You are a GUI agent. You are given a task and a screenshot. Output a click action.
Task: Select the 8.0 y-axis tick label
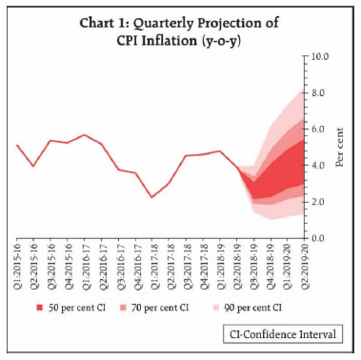(x=317, y=93)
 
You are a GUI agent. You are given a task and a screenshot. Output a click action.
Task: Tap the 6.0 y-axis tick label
(x=317, y=130)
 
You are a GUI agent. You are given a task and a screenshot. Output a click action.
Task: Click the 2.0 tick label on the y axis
(x=317, y=202)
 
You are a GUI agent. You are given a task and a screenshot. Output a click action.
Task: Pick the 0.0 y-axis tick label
(x=317, y=238)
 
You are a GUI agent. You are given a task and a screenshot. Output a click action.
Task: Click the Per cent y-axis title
(x=340, y=148)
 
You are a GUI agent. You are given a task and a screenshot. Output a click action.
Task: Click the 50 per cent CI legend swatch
(x=40, y=308)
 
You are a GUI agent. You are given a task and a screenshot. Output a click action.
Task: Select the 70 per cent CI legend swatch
(x=123, y=308)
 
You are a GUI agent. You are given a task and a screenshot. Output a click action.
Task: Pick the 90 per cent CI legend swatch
(x=216, y=308)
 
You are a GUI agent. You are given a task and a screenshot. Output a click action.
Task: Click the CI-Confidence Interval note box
(x=283, y=334)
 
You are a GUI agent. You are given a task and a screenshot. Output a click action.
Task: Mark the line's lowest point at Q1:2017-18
(x=151, y=197)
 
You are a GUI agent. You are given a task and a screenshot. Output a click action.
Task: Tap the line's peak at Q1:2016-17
(x=84, y=135)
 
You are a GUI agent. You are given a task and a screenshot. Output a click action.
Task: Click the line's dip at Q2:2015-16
(x=33, y=166)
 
